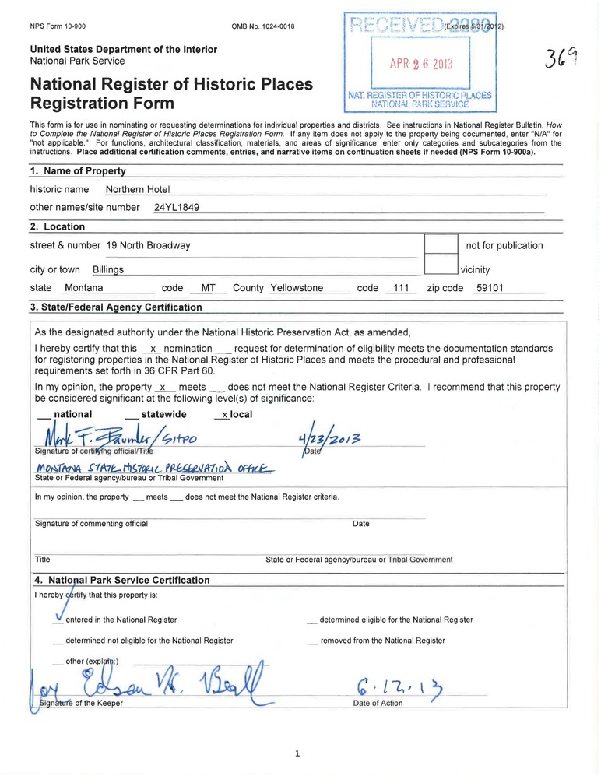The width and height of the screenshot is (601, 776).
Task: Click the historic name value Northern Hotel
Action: point(137,189)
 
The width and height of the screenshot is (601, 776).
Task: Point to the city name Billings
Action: point(108,270)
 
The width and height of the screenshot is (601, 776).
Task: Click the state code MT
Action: point(208,288)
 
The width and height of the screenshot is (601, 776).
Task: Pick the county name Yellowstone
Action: point(297,288)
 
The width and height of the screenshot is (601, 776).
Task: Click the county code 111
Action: point(401,288)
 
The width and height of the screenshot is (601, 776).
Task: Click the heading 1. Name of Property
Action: point(78,171)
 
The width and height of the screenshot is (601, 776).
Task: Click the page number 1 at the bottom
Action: point(298,753)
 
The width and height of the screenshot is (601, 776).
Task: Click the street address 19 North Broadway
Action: point(148,246)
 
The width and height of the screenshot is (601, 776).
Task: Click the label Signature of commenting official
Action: point(92,524)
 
